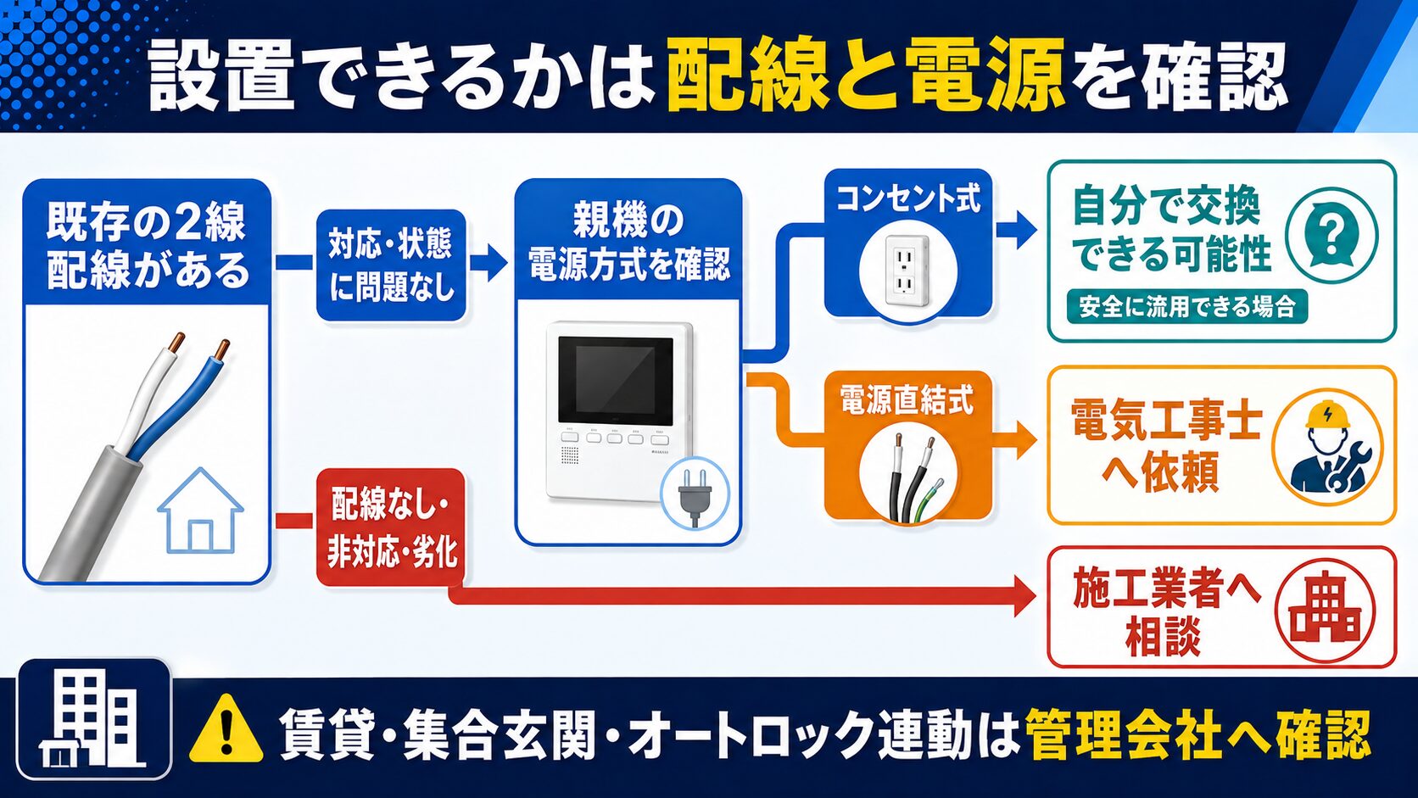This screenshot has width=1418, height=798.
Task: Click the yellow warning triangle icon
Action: pos(226,729)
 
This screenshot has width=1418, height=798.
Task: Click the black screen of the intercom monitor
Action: pos(616,381)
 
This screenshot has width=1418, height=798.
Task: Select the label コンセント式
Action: pos(907,198)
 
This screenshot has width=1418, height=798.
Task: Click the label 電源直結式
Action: pos(907,400)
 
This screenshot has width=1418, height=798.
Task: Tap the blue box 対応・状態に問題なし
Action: pos(391,265)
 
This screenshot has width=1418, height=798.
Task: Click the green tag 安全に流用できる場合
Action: pos(1187,307)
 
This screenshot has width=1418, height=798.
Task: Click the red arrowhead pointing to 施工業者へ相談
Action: pos(1024,596)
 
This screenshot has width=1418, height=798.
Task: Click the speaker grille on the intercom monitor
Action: pos(569,455)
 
